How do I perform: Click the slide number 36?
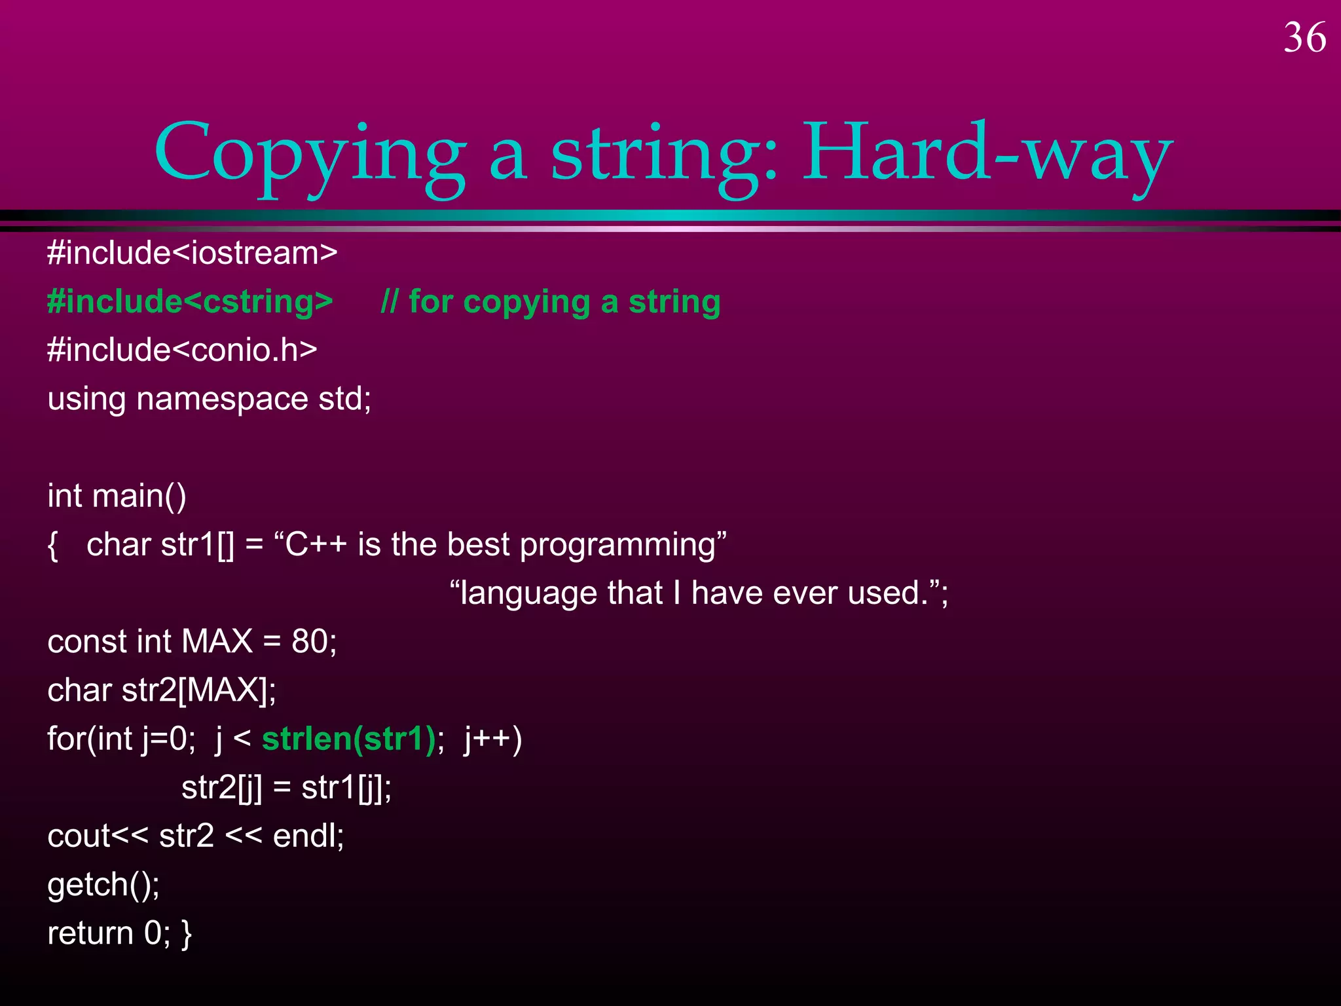1304,38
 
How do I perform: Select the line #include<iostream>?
192,253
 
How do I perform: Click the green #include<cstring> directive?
190,302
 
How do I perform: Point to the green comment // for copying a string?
550,302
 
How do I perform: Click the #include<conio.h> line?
182,350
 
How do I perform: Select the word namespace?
222,399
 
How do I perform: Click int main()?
117,496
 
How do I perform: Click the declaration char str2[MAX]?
162,690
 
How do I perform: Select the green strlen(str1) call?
348,739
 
